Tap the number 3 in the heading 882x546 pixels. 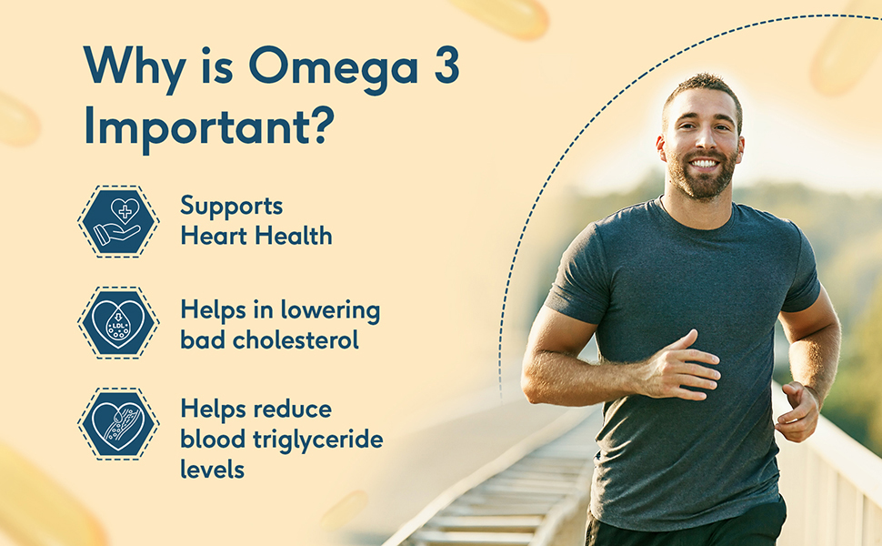446,65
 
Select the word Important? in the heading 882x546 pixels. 209,126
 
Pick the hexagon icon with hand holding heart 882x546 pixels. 118,222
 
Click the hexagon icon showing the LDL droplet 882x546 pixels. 118,322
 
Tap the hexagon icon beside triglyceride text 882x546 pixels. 118,424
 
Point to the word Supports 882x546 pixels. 231,207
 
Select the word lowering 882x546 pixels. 330,311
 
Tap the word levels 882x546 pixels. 212,469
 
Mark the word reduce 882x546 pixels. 293,409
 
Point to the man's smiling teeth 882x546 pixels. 705,164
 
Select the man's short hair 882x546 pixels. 703,91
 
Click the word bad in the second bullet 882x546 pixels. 203,340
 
